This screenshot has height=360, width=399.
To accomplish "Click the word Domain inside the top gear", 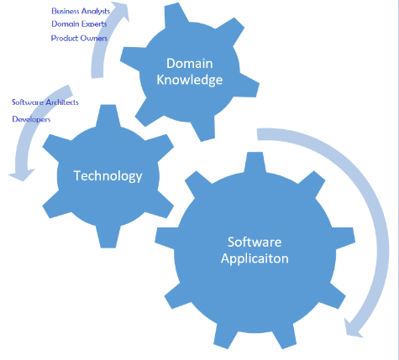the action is [190, 64].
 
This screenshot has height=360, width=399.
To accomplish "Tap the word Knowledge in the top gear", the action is [190, 80].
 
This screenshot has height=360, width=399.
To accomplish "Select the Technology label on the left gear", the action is [108, 176].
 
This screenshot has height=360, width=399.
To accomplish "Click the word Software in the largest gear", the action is [255, 242].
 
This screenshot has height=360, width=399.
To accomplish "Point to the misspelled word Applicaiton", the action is [255, 258].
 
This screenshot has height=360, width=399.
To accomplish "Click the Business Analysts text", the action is [81, 11].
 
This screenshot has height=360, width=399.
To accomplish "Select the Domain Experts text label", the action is [79, 24].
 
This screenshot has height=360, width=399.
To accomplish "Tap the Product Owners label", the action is [79, 38].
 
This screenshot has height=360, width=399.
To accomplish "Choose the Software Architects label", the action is [45, 102].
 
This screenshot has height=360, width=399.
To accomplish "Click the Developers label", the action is [31, 119].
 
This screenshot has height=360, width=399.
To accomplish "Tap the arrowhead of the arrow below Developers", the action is [22, 175].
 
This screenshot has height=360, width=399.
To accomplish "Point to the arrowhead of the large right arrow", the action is [353, 328].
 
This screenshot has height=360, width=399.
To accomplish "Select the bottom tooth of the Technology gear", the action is [108, 237].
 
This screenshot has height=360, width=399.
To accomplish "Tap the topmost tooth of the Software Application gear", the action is [255, 162].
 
